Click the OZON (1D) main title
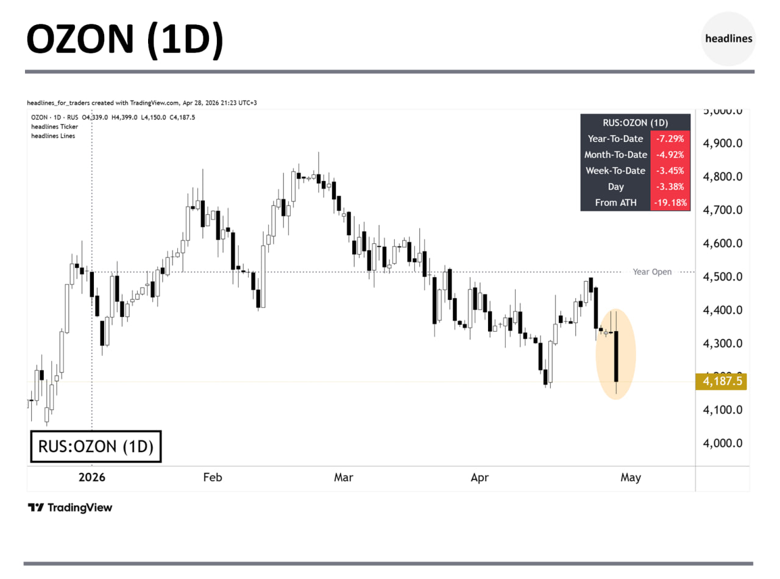pos(125,40)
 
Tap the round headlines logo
pos(728,38)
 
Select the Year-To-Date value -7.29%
pos(670,138)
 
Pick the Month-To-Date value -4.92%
pos(670,155)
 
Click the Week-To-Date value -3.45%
pos(670,171)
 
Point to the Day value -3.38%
pos(670,186)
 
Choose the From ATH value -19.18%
pos(670,202)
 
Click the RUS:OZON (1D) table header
pos(635,122)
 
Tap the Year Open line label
pos(652,272)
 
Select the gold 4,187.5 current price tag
pos(721,382)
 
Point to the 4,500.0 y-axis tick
pos(723,277)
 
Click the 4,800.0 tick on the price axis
pos(723,177)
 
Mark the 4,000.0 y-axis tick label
pos(723,443)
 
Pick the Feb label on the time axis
pos(213,478)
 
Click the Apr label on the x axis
pos(480,478)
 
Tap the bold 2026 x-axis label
pos(92,478)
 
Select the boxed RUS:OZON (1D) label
pos(96,447)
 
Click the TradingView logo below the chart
pos(70,508)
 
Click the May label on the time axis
pos(631,478)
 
